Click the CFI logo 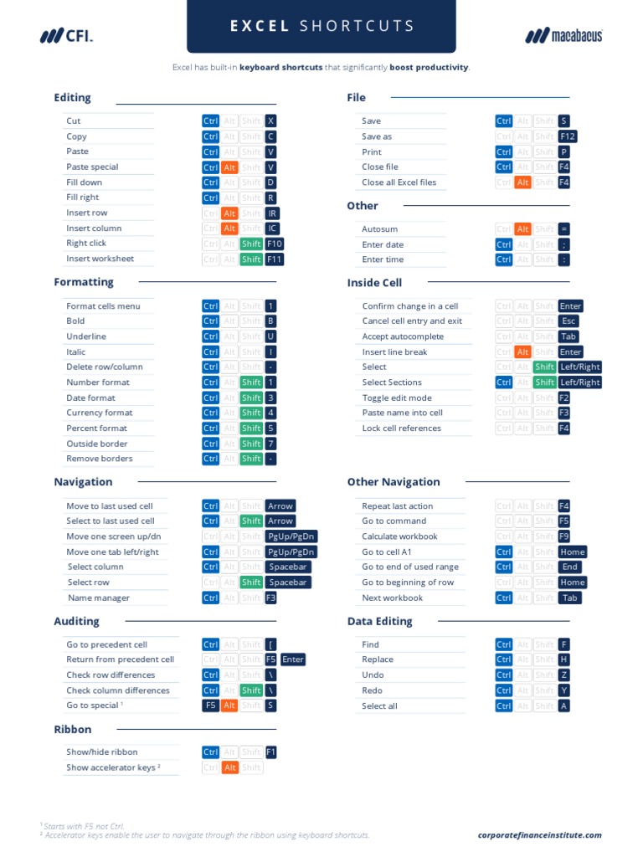[x=66, y=35]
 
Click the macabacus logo [x=563, y=35]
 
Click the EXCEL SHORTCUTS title [x=321, y=26]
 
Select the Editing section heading [x=72, y=98]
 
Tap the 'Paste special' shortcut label [x=92, y=167]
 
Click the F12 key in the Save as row [x=568, y=136]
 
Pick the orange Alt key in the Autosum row [x=522, y=228]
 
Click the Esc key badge [x=568, y=321]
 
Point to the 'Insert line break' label [x=394, y=352]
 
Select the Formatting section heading [x=84, y=282]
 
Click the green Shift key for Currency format [x=251, y=413]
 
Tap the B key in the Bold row [x=270, y=321]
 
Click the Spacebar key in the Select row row [x=288, y=582]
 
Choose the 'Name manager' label [x=99, y=598]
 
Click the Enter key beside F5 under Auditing [x=293, y=659]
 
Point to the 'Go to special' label [x=92, y=706]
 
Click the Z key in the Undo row [x=564, y=675]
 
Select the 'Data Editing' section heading [x=379, y=621]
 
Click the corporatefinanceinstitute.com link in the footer [x=540, y=835]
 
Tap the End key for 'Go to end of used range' [x=570, y=567]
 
